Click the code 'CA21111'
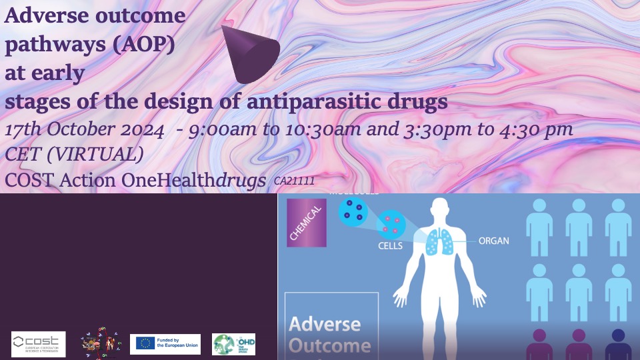click(294, 181)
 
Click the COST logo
click(39, 344)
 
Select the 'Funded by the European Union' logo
click(165, 344)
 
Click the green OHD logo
click(233, 344)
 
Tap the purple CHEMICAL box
click(306, 223)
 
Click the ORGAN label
click(494, 241)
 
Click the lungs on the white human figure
click(439, 241)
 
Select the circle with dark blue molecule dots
click(353, 211)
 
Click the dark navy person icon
click(617, 344)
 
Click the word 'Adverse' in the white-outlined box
click(325, 325)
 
